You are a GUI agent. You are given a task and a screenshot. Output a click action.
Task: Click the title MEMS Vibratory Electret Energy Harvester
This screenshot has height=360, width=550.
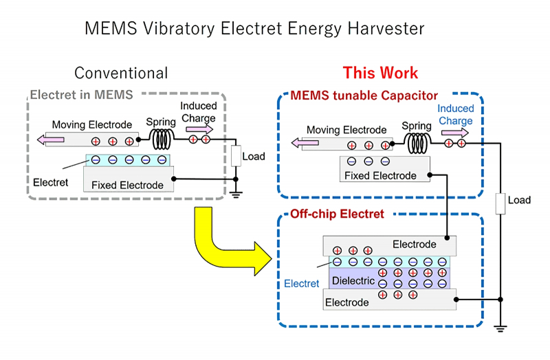pos(254,28)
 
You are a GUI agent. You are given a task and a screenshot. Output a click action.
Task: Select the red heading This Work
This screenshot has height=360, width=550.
pos(380,73)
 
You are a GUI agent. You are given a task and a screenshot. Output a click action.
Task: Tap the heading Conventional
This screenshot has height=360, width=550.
pos(121,73)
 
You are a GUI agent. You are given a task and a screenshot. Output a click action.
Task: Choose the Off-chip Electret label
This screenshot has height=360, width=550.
pos(337,214)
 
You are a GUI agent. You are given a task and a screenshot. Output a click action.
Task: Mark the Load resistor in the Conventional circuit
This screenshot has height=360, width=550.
pos(236,156)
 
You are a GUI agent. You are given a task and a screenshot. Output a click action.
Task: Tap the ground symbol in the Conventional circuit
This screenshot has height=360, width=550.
pos(236,194)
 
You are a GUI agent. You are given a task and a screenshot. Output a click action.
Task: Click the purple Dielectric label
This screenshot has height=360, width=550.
pos(353,281)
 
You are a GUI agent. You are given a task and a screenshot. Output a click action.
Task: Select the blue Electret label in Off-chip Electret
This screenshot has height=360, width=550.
pos(302,284)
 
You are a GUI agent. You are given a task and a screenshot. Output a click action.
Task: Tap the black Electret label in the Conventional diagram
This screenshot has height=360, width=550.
pos(51,183)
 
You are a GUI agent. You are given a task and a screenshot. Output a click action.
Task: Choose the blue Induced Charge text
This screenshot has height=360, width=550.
pos(455,115)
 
